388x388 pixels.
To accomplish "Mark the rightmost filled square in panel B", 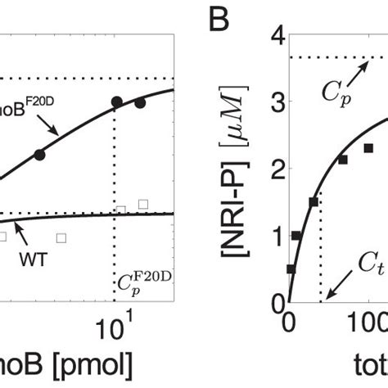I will click(x=368, y=148).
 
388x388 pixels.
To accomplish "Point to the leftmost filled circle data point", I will click(x=40, y=154).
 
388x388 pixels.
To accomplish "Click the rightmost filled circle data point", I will click(x=140, y=103).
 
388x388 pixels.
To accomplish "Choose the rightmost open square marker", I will click(x=143, y=204).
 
